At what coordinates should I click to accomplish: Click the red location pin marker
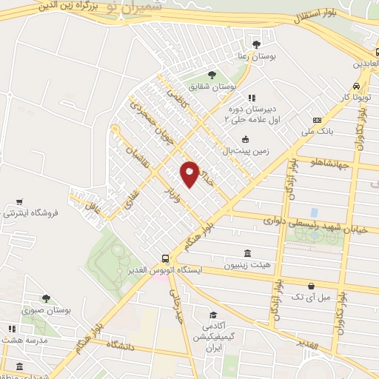(189, 174)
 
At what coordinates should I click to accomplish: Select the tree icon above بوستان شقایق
(212, 74)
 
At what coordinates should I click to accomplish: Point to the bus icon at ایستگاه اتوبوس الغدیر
(165, 259)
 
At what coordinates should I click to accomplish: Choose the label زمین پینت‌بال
(247, 152)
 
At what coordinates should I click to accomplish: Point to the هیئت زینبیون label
(246, 264)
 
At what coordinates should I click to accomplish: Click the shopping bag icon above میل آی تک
(312, 286)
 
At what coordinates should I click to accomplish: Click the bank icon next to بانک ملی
(317, 121)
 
